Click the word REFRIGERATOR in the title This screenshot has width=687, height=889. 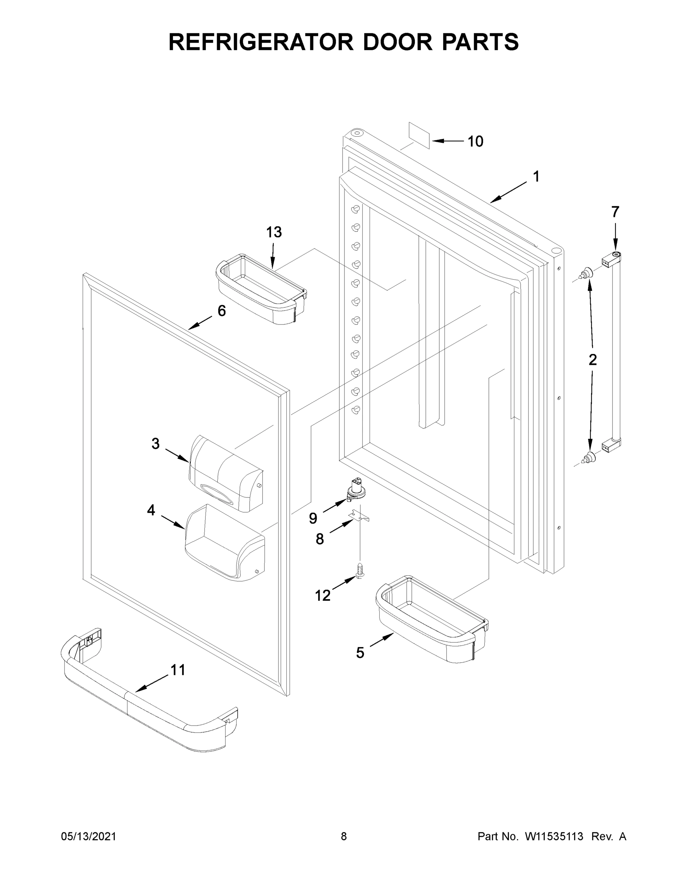[x=261, y=42]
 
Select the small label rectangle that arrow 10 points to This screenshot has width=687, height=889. [x=419, y=133]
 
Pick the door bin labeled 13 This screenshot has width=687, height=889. [x=261, y=289]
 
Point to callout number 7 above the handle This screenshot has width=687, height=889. [x=615, y=212]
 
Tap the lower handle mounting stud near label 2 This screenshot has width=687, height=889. [x=587, y=457]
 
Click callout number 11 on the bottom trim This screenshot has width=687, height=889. [x=178, y=670]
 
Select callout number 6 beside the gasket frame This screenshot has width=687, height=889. [x=221, y=311]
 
